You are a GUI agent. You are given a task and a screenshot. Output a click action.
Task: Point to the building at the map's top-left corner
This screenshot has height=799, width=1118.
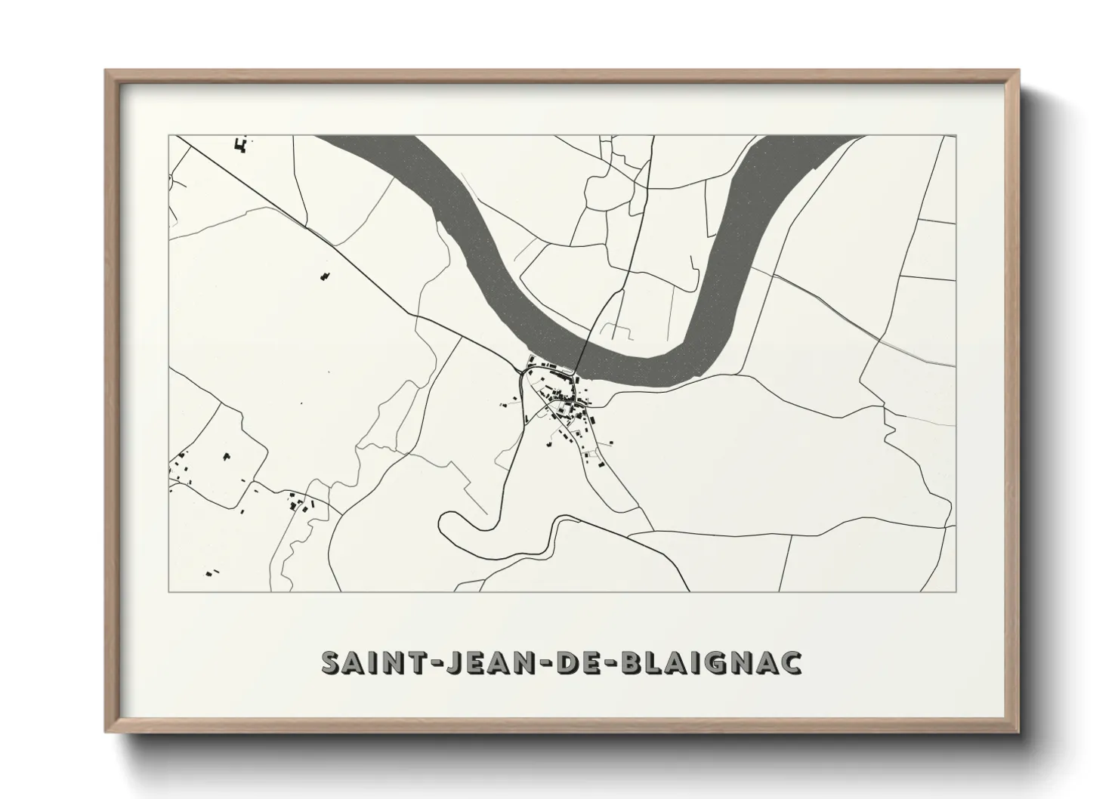click(242, 144)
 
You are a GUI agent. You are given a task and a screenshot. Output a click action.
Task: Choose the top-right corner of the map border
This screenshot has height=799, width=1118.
click(956, 136)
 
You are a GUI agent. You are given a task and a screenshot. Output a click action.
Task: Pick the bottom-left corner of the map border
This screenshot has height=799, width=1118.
click(169, 591)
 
